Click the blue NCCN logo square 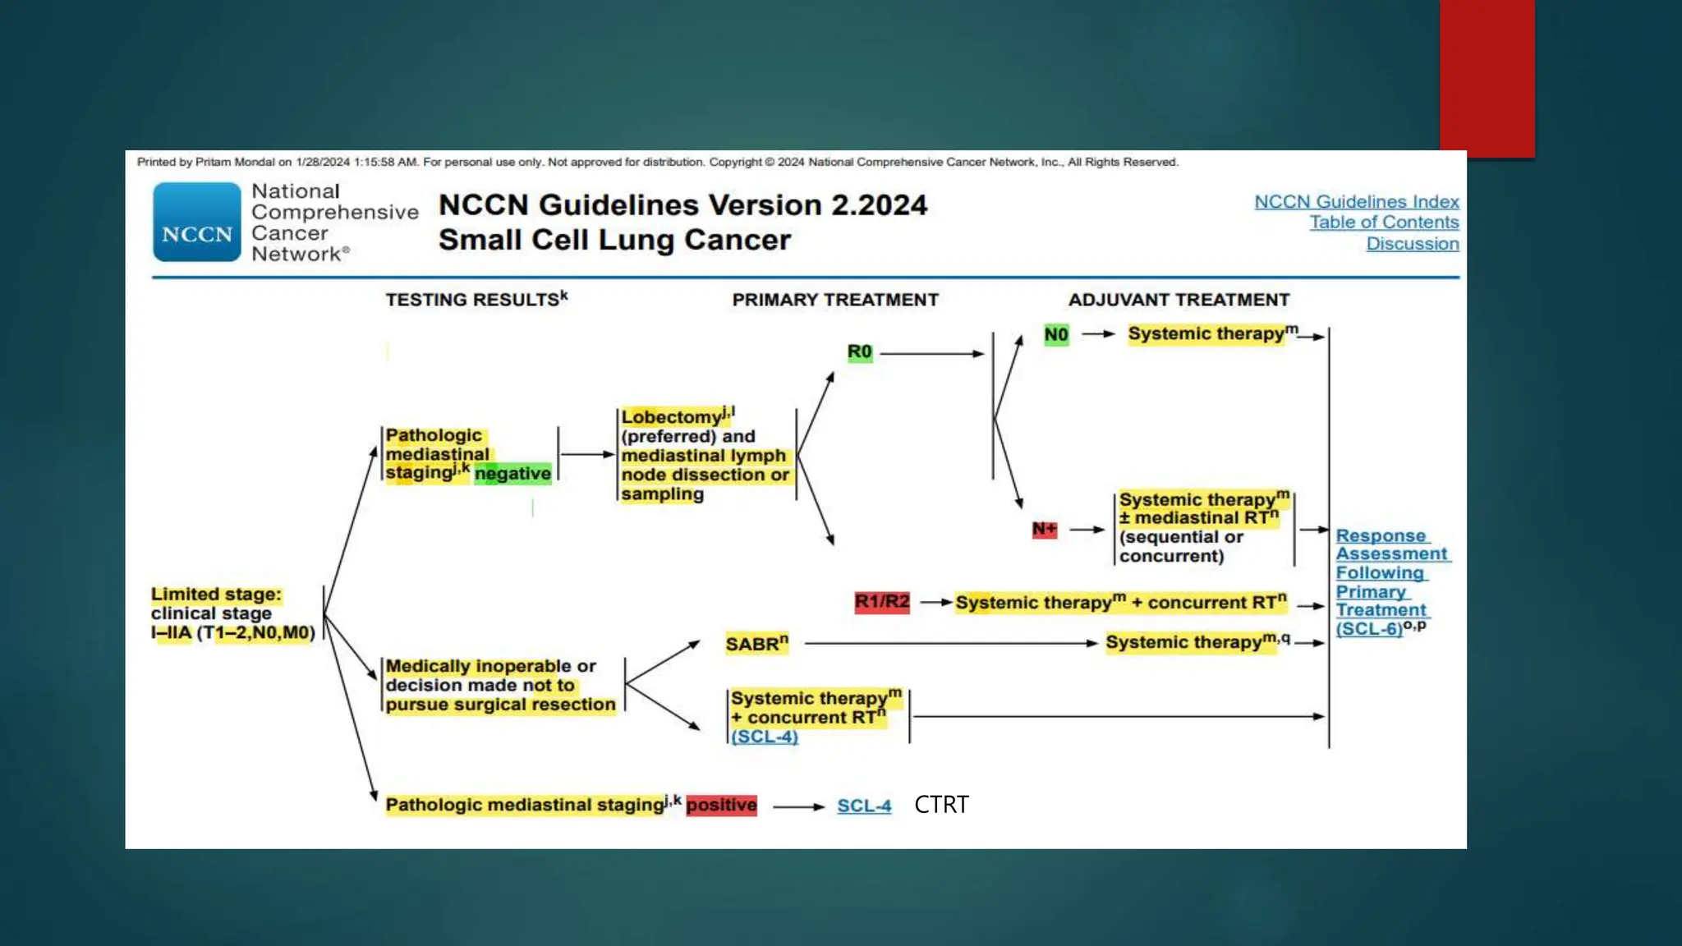pos(197,222)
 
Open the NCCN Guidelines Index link pos(1356,202)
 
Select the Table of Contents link pos(1384,223)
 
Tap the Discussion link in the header pos(1412,244)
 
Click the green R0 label pos(859,352)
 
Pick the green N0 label pos(1056,335)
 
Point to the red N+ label pos(1044,530)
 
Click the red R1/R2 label pos(882,602)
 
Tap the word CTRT pos(941,805)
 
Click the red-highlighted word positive pos(721,806)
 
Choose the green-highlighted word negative pos(512,474)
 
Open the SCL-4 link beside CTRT pos(864,806)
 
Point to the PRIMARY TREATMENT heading pos(835,301)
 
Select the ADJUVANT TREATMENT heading pos(1179,301)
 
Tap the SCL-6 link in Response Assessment pos(1369,629)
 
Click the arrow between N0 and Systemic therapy pos(1098,334)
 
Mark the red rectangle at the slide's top pos(1487,78)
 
